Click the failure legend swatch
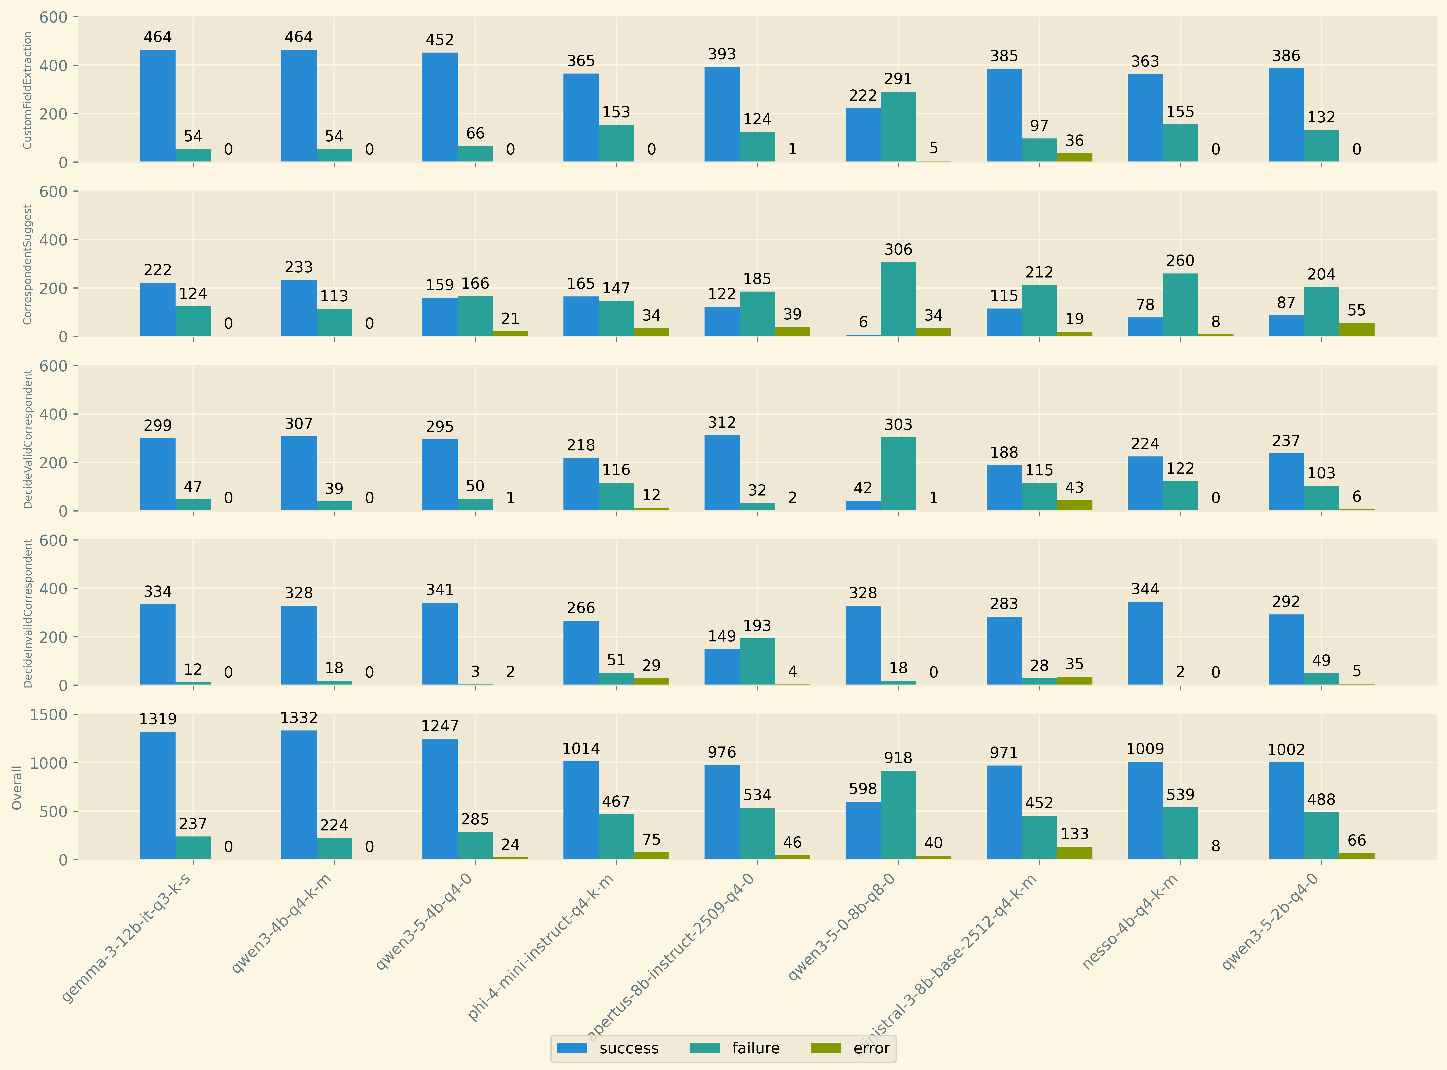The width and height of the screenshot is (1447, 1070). point(705,1048)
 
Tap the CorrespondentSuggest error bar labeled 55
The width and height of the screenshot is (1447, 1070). point(1356,330)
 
